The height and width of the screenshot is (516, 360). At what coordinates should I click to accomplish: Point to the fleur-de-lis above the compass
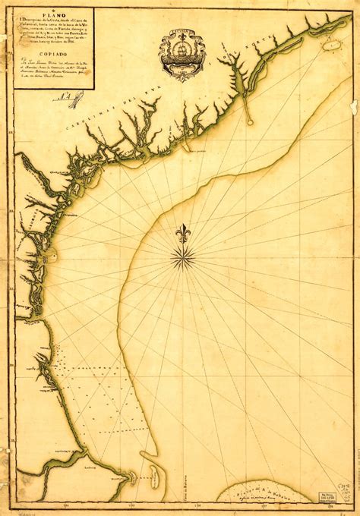click(182, 234)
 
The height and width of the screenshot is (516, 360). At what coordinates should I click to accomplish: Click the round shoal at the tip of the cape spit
click(250, 120)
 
